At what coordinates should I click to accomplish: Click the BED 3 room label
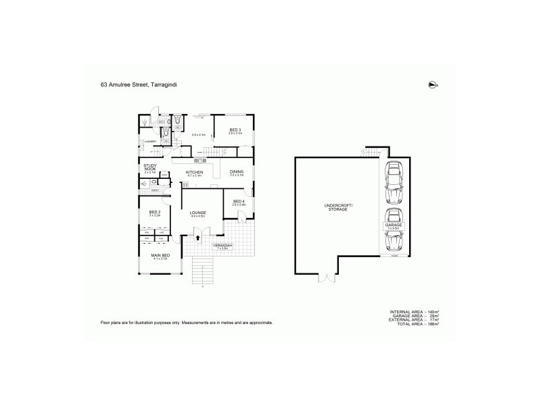pos(235,130)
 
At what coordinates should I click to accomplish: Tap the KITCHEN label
pos(195,173)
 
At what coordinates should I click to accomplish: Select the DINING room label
pos(236,172)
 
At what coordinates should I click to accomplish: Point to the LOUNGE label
pos(197,213)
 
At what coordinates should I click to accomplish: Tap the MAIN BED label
pos(160,255)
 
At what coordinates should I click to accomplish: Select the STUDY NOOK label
pos(149,167)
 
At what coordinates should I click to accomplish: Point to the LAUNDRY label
pos(149,141)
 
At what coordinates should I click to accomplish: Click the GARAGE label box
pos(393,226)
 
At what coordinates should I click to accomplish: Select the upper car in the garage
pos(394,184)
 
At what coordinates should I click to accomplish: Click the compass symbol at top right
pos(432,84)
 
